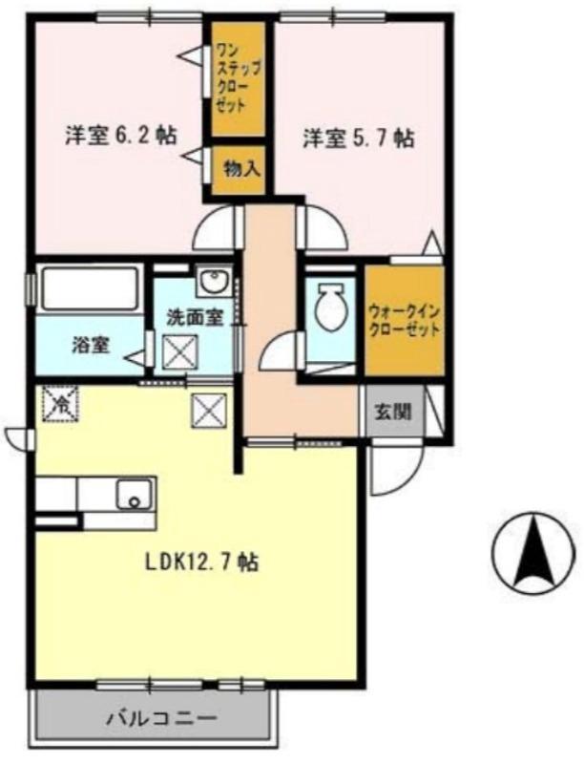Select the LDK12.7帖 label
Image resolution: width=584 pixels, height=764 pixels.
(201, 561)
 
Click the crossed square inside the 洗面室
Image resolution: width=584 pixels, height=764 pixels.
(179, 352)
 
